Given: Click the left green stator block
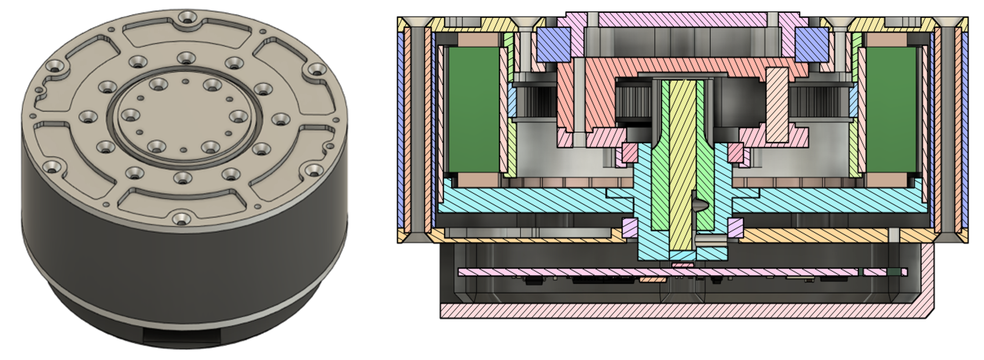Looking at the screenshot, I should tap(473, 110).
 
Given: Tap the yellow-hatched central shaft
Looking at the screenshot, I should tap(683, 167).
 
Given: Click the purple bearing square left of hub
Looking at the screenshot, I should tap(630, 227).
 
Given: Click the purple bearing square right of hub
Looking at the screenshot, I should tap(735, 227).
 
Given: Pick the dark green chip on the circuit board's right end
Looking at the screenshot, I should tap(893, 272).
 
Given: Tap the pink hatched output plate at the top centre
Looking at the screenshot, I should tap(683, 18).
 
